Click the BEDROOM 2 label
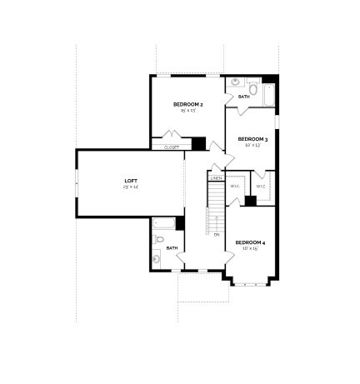[188, 104]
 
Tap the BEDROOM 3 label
[252, 138]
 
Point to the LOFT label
[130, 181]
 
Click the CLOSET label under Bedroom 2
[172, 147]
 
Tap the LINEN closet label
[216, 178]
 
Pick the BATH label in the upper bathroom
[244, 97]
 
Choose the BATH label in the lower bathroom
[172, 247]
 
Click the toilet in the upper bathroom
[252, 89]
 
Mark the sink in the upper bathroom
[235, 82]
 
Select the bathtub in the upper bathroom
[269, 93]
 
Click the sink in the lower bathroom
[156, 257]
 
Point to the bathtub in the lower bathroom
[163, 224]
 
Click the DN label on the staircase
[216, 234]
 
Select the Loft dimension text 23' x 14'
[130, 187]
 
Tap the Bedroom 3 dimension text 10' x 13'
[252, 145]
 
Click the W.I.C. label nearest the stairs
[235, 186]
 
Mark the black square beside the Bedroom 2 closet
[198, 143]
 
